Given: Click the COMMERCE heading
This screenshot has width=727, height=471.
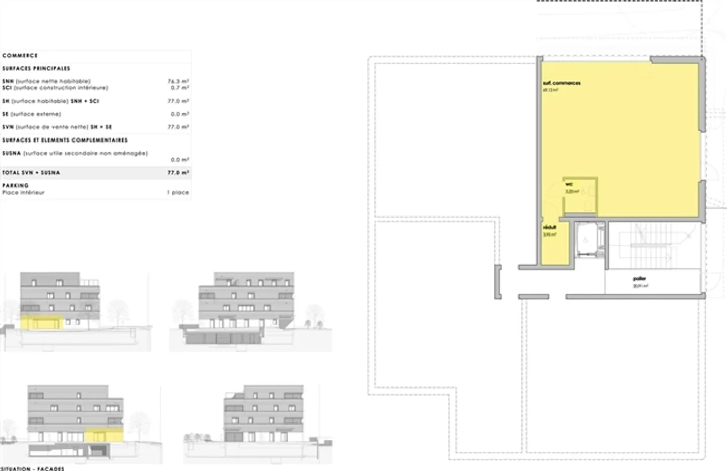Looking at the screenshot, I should click(x=20, y=55).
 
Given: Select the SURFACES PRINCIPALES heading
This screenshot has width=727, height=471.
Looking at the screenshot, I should click(x=36, y=68).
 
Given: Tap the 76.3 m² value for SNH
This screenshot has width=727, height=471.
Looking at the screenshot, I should click(x=178, y=81).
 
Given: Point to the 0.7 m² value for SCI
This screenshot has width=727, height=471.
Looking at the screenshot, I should click(x=180, y=88).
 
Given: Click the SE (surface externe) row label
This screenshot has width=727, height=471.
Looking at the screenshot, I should click(x=31, y=114).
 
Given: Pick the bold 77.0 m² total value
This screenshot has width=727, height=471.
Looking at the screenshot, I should click(x=178, y=172).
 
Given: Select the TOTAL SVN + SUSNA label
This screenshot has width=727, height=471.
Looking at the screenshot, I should click(x=31, y=172).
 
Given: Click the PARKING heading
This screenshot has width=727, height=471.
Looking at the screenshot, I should click(x=15, y=185).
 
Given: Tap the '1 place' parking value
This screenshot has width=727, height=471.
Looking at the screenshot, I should click(x=178, y=192).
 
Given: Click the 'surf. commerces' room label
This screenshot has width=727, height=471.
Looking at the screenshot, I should click(x=561, y=83).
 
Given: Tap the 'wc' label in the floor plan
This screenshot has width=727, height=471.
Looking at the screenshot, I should click(x=569, y=184).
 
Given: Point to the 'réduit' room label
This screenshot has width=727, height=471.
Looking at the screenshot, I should click(x=549, y=228).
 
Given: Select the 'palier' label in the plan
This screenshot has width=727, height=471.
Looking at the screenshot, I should click(x=639, y=279).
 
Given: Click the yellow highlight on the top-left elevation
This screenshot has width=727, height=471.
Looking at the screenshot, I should click(x=42, y=322).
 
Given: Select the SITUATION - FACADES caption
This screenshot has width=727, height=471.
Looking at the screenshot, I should click(x=32, y=468).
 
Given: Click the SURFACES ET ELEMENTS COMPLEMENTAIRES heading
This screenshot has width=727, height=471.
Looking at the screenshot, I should click(x=65, y=140).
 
